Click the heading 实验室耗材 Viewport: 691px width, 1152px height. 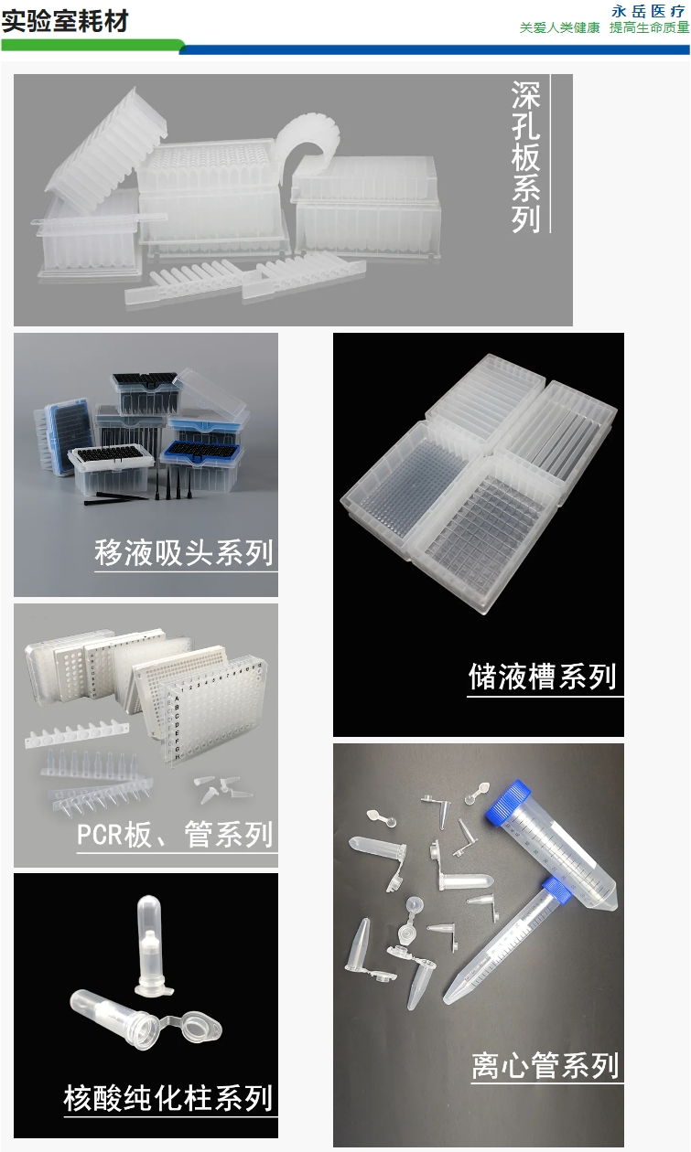[x=65, y=20]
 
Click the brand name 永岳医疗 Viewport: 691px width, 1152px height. [x=648, y=12]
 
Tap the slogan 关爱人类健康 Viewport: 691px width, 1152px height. [x=559, y=28]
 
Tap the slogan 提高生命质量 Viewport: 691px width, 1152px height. [x=649, y=28]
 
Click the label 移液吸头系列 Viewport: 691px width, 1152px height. [x=184, y=553]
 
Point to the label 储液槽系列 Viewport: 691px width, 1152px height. [x=543, y=677]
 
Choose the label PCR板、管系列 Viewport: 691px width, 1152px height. [x=175, y=835]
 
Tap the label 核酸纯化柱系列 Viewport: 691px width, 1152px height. [x=168, y=1097]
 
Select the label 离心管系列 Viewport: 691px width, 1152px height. [x=545, y=1066]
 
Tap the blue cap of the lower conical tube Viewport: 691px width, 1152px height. [x=556, y=890]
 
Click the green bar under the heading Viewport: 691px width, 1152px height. [x=92, y=45]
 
